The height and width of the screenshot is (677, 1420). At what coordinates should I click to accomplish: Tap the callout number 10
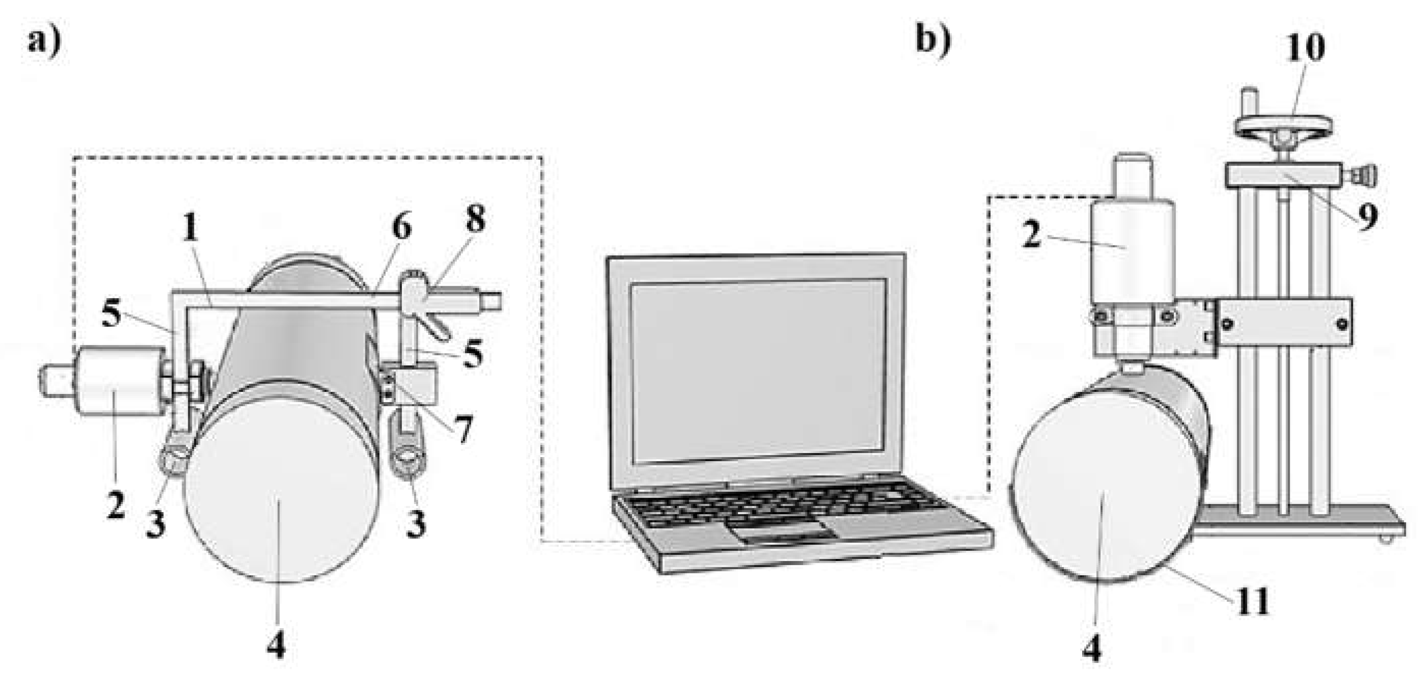click(1306, 48)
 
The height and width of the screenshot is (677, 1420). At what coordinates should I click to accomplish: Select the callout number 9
click(1366, 217)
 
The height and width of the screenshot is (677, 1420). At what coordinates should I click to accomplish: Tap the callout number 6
click(402, 227)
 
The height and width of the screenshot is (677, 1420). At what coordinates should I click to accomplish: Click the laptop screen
click(758, 372)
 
